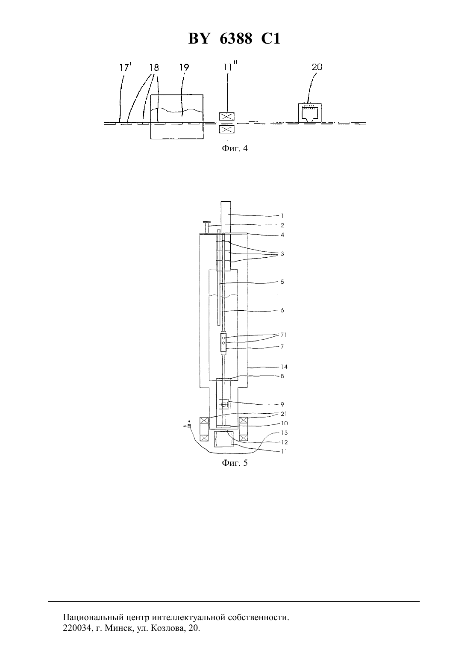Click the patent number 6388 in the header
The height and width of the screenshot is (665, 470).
(236, 38)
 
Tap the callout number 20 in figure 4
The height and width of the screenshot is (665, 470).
(317, 67)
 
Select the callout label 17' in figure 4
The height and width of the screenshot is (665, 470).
(125, 68)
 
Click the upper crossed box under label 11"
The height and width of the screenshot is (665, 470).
(226, 116)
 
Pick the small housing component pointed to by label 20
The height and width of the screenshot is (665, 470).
(310, 113)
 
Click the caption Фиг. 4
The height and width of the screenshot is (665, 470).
(235, 148)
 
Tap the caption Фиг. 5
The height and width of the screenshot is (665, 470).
(235, 463)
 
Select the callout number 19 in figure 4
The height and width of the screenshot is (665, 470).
(184, 68)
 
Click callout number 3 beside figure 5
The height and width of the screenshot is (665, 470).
(282, 254)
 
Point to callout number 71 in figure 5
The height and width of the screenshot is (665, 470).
(284, 335)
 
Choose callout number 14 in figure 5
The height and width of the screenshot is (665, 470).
(284, 367)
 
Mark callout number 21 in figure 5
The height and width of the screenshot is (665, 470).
(284, 414)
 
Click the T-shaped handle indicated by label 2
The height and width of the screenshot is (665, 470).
(206, 227)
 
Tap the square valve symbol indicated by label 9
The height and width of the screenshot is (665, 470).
(224, 404)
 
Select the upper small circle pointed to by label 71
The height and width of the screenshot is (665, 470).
(223, 338)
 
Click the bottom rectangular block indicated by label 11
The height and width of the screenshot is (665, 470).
(224, 439)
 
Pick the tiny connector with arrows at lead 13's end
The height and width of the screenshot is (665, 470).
(189, 427)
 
